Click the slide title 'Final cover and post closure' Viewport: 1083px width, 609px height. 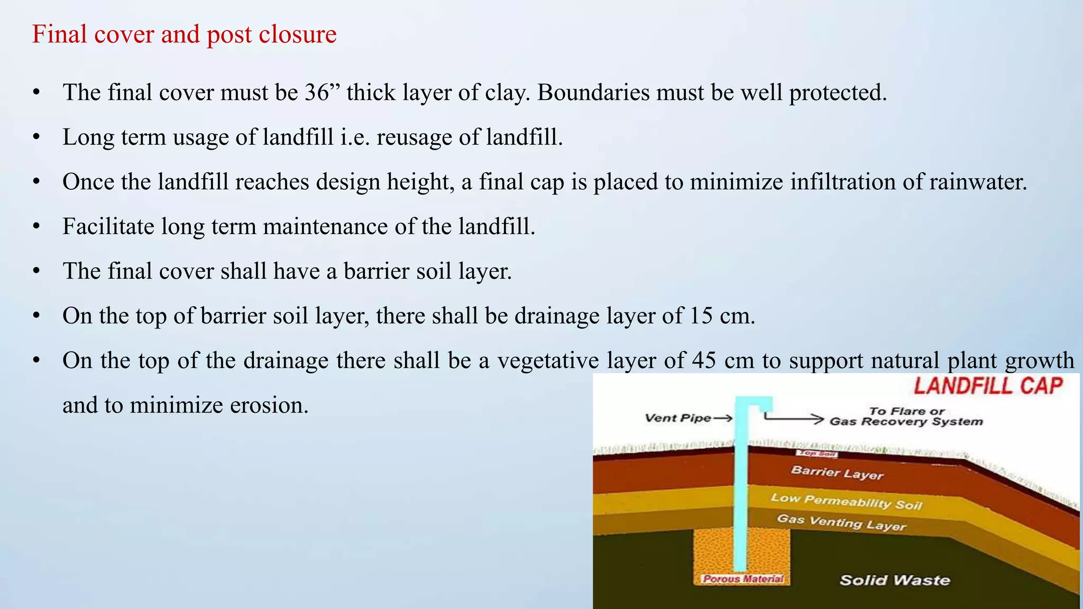[x=184, y=35]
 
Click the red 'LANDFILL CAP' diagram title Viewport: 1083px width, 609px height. [x=988, y=386]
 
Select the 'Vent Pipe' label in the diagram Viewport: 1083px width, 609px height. [x=678, y=418]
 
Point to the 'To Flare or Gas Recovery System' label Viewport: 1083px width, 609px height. [x=906, y=417]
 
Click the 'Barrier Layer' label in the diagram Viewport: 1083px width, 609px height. [x=837, y=472]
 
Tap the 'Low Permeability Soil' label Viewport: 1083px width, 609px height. [x=846, y=501]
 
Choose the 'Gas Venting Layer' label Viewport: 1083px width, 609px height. [x=841, y=522]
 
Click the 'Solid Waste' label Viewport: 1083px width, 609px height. [x=895, y=580]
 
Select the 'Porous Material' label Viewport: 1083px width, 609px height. [x=743, y=579]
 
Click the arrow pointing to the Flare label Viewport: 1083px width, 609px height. [x=793, y=419]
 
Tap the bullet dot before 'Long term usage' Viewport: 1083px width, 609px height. [x=36, y=137]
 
